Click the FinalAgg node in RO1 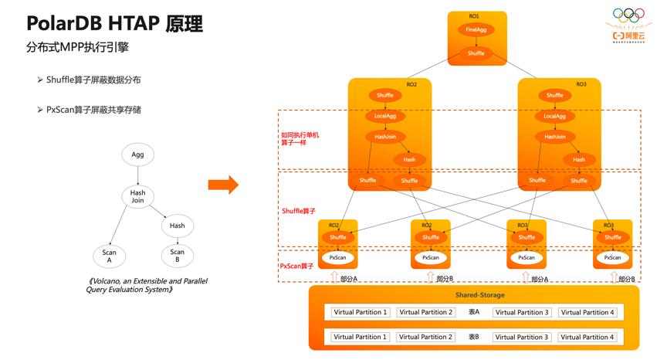[476, 30]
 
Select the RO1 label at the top [474, 16]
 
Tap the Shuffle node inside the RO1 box [476, 53]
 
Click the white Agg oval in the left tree [137, 155]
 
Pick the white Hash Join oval [137, 196]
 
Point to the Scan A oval [109, 256]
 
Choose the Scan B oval [177, 256]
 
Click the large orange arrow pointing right [223, 185]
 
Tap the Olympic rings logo [628, 15]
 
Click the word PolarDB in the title [65, 24]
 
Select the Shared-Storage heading [479, 295]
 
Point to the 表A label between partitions [474, 312]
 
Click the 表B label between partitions [474, 337]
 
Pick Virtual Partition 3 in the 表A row [523, 312]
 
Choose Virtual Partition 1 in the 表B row [360, 337]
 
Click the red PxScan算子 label [296, 267]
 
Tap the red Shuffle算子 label [299, 211]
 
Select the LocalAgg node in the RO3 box [554, 117]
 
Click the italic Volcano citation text [147, 285]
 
